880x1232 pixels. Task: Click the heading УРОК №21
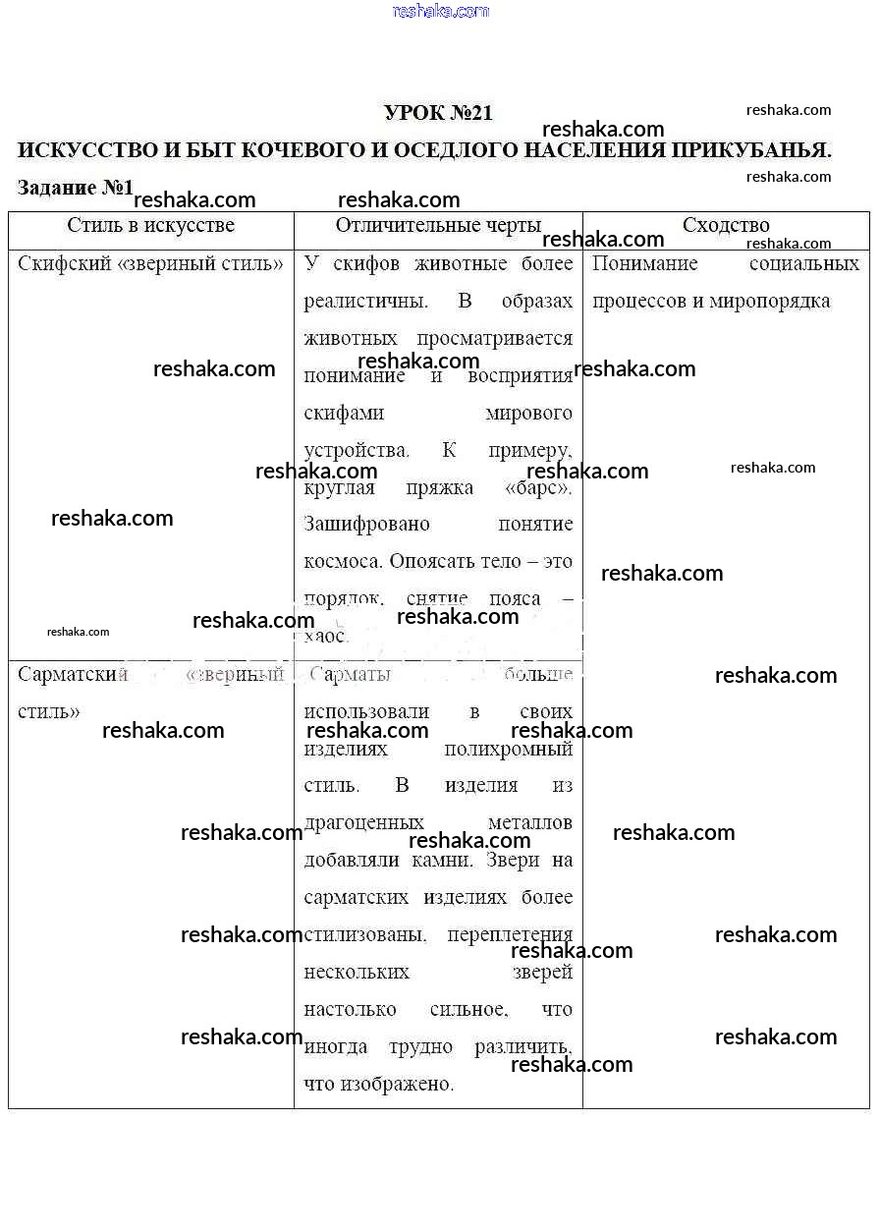tap(438, 113)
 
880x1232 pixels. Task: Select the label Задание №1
tap(75, 188)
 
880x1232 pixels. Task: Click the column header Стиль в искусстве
tap(151, 226)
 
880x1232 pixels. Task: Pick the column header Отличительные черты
tap(438, 226)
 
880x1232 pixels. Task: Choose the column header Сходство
tap(726, 226)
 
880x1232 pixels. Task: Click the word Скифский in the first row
tap(63, 263)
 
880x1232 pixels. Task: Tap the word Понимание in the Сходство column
tap(645, 263)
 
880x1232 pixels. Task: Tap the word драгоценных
tap(364, 822)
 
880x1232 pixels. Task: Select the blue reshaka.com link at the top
tap(440, 11)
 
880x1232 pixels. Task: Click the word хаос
tap(326, 637)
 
